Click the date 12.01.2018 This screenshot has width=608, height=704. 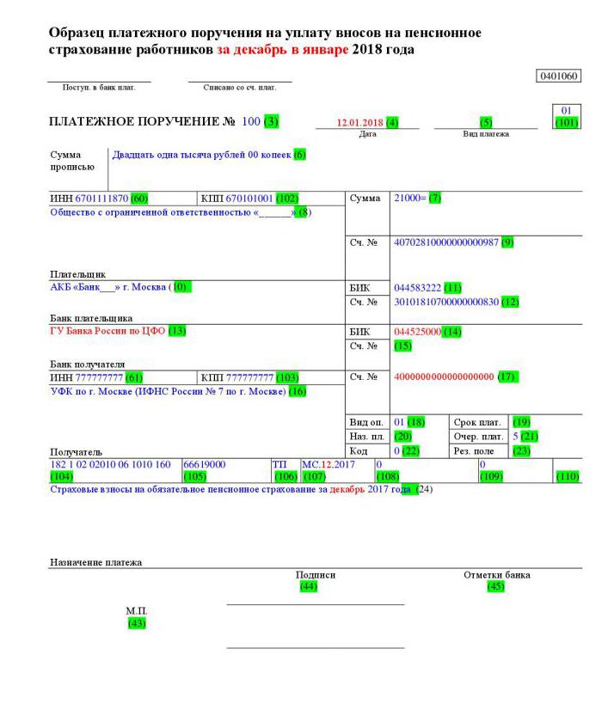click(360, 122)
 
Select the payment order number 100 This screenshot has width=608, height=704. click(250, 122)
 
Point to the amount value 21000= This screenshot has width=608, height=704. click(409, 199)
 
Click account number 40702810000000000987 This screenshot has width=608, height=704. click(445, 242)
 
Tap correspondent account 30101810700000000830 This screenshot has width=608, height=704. click(445, 302)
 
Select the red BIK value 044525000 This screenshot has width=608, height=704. click(417, 331)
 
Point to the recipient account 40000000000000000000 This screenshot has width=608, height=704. click(443, 376)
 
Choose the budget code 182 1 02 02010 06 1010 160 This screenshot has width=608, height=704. click(111, 464)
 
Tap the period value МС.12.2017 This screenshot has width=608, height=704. click(328, 464)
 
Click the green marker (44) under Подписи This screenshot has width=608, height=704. click(307, 586)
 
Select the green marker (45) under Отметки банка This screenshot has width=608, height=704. click(495, 586)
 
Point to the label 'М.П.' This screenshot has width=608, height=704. click(135, 611)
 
